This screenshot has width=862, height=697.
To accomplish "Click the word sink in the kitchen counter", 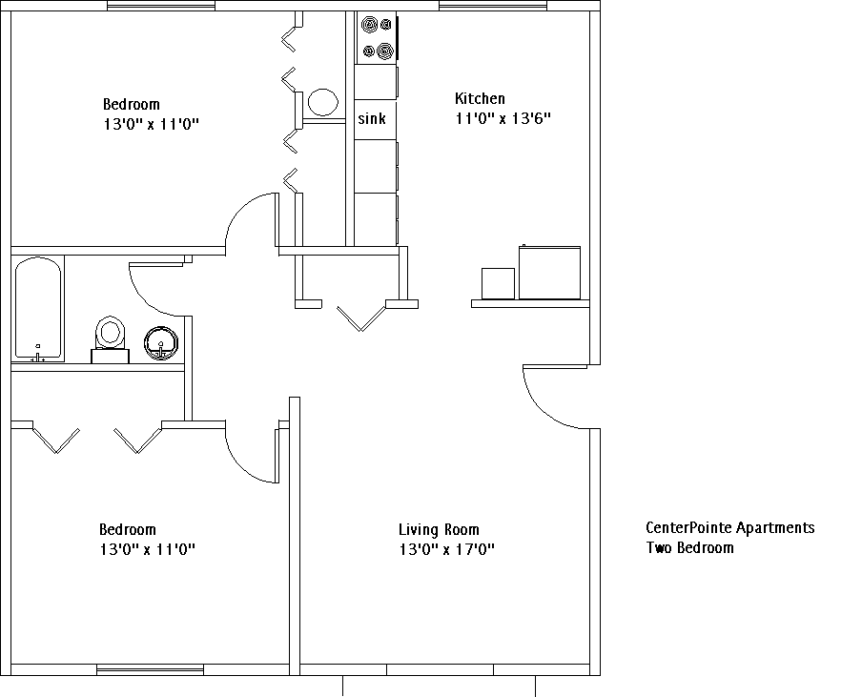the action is point(372,118).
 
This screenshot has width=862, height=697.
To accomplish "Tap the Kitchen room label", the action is point(480,98).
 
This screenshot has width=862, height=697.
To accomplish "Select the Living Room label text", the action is point(439,530).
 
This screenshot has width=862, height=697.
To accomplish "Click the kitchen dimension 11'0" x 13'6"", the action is point(503,118).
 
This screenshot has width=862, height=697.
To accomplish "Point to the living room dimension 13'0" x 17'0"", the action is point(447,549).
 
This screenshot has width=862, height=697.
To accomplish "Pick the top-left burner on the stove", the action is point(369,25).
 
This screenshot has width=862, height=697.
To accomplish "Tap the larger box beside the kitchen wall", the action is point(550,273).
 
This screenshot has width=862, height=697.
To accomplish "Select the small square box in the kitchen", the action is point(498,283).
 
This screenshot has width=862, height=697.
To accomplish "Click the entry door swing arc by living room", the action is point(542,411).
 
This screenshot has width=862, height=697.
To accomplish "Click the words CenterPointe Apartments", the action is point(730,527).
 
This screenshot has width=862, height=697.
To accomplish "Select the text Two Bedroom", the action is point(690,547).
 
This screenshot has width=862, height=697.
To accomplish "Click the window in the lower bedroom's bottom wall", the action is point(150,669).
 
